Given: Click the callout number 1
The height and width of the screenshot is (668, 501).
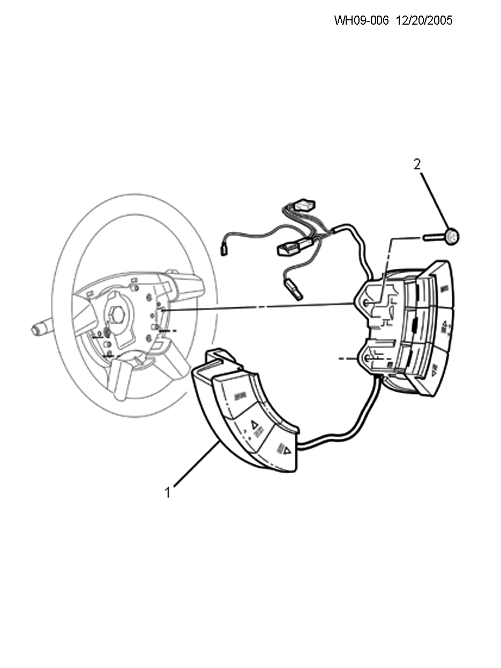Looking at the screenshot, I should click(x=168, y=492).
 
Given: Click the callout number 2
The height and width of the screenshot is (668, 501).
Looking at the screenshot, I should click(x=417, y=164).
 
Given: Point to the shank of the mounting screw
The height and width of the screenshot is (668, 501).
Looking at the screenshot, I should click(x=433, y=236).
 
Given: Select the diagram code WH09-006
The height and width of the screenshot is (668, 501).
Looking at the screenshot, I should click(x=361, y=20).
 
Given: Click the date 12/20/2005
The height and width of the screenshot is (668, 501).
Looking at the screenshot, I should click(x=424, y=20).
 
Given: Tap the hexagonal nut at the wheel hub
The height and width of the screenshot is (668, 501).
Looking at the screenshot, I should click(x=117, y=314).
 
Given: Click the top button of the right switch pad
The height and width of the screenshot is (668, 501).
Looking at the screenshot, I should click(x=441, y=287).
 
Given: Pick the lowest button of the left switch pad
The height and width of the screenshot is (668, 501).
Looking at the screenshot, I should click(x=281, y=450).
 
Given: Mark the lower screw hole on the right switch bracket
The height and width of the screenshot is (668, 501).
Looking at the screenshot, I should click(x=367, y=359).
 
